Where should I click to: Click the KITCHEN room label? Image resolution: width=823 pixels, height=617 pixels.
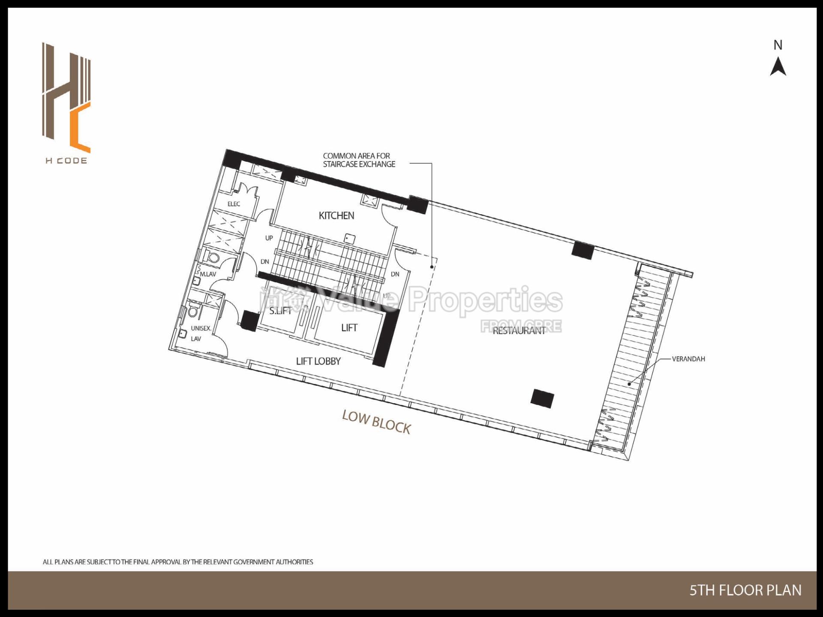[x=336, y=216]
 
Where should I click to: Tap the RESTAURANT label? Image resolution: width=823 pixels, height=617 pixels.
[x=519, y=331]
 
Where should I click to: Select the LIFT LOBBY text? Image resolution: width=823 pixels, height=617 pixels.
[x=318, y=361]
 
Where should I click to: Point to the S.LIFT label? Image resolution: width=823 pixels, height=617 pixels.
[x=280, y=311]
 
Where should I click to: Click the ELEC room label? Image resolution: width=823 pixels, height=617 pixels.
[x=234, y=204]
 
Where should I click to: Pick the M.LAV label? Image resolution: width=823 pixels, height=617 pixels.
[x=208, y=274]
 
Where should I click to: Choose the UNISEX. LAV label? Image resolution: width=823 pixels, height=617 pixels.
[x=200, y=333]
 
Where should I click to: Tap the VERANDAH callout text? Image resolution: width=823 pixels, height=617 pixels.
[x=688, y=359]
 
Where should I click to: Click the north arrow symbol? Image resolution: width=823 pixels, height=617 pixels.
[x=778, y=67]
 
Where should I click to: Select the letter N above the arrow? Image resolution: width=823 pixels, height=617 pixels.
[x=778, y=45]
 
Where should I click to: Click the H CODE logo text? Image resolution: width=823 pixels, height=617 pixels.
[x=66, y=161]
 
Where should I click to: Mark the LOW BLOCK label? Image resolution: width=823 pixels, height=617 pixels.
[x=376, y=422]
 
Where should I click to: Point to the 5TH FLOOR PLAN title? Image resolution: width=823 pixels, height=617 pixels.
[x=745, y=590]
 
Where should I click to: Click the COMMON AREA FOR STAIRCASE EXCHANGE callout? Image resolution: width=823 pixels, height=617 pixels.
[x=359, y=160]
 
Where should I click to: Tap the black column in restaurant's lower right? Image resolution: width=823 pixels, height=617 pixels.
[x=542, y=398]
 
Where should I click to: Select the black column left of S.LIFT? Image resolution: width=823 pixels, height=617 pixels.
[x=249, y=320]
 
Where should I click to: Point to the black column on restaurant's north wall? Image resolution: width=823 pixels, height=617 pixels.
[x=583, y=250]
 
